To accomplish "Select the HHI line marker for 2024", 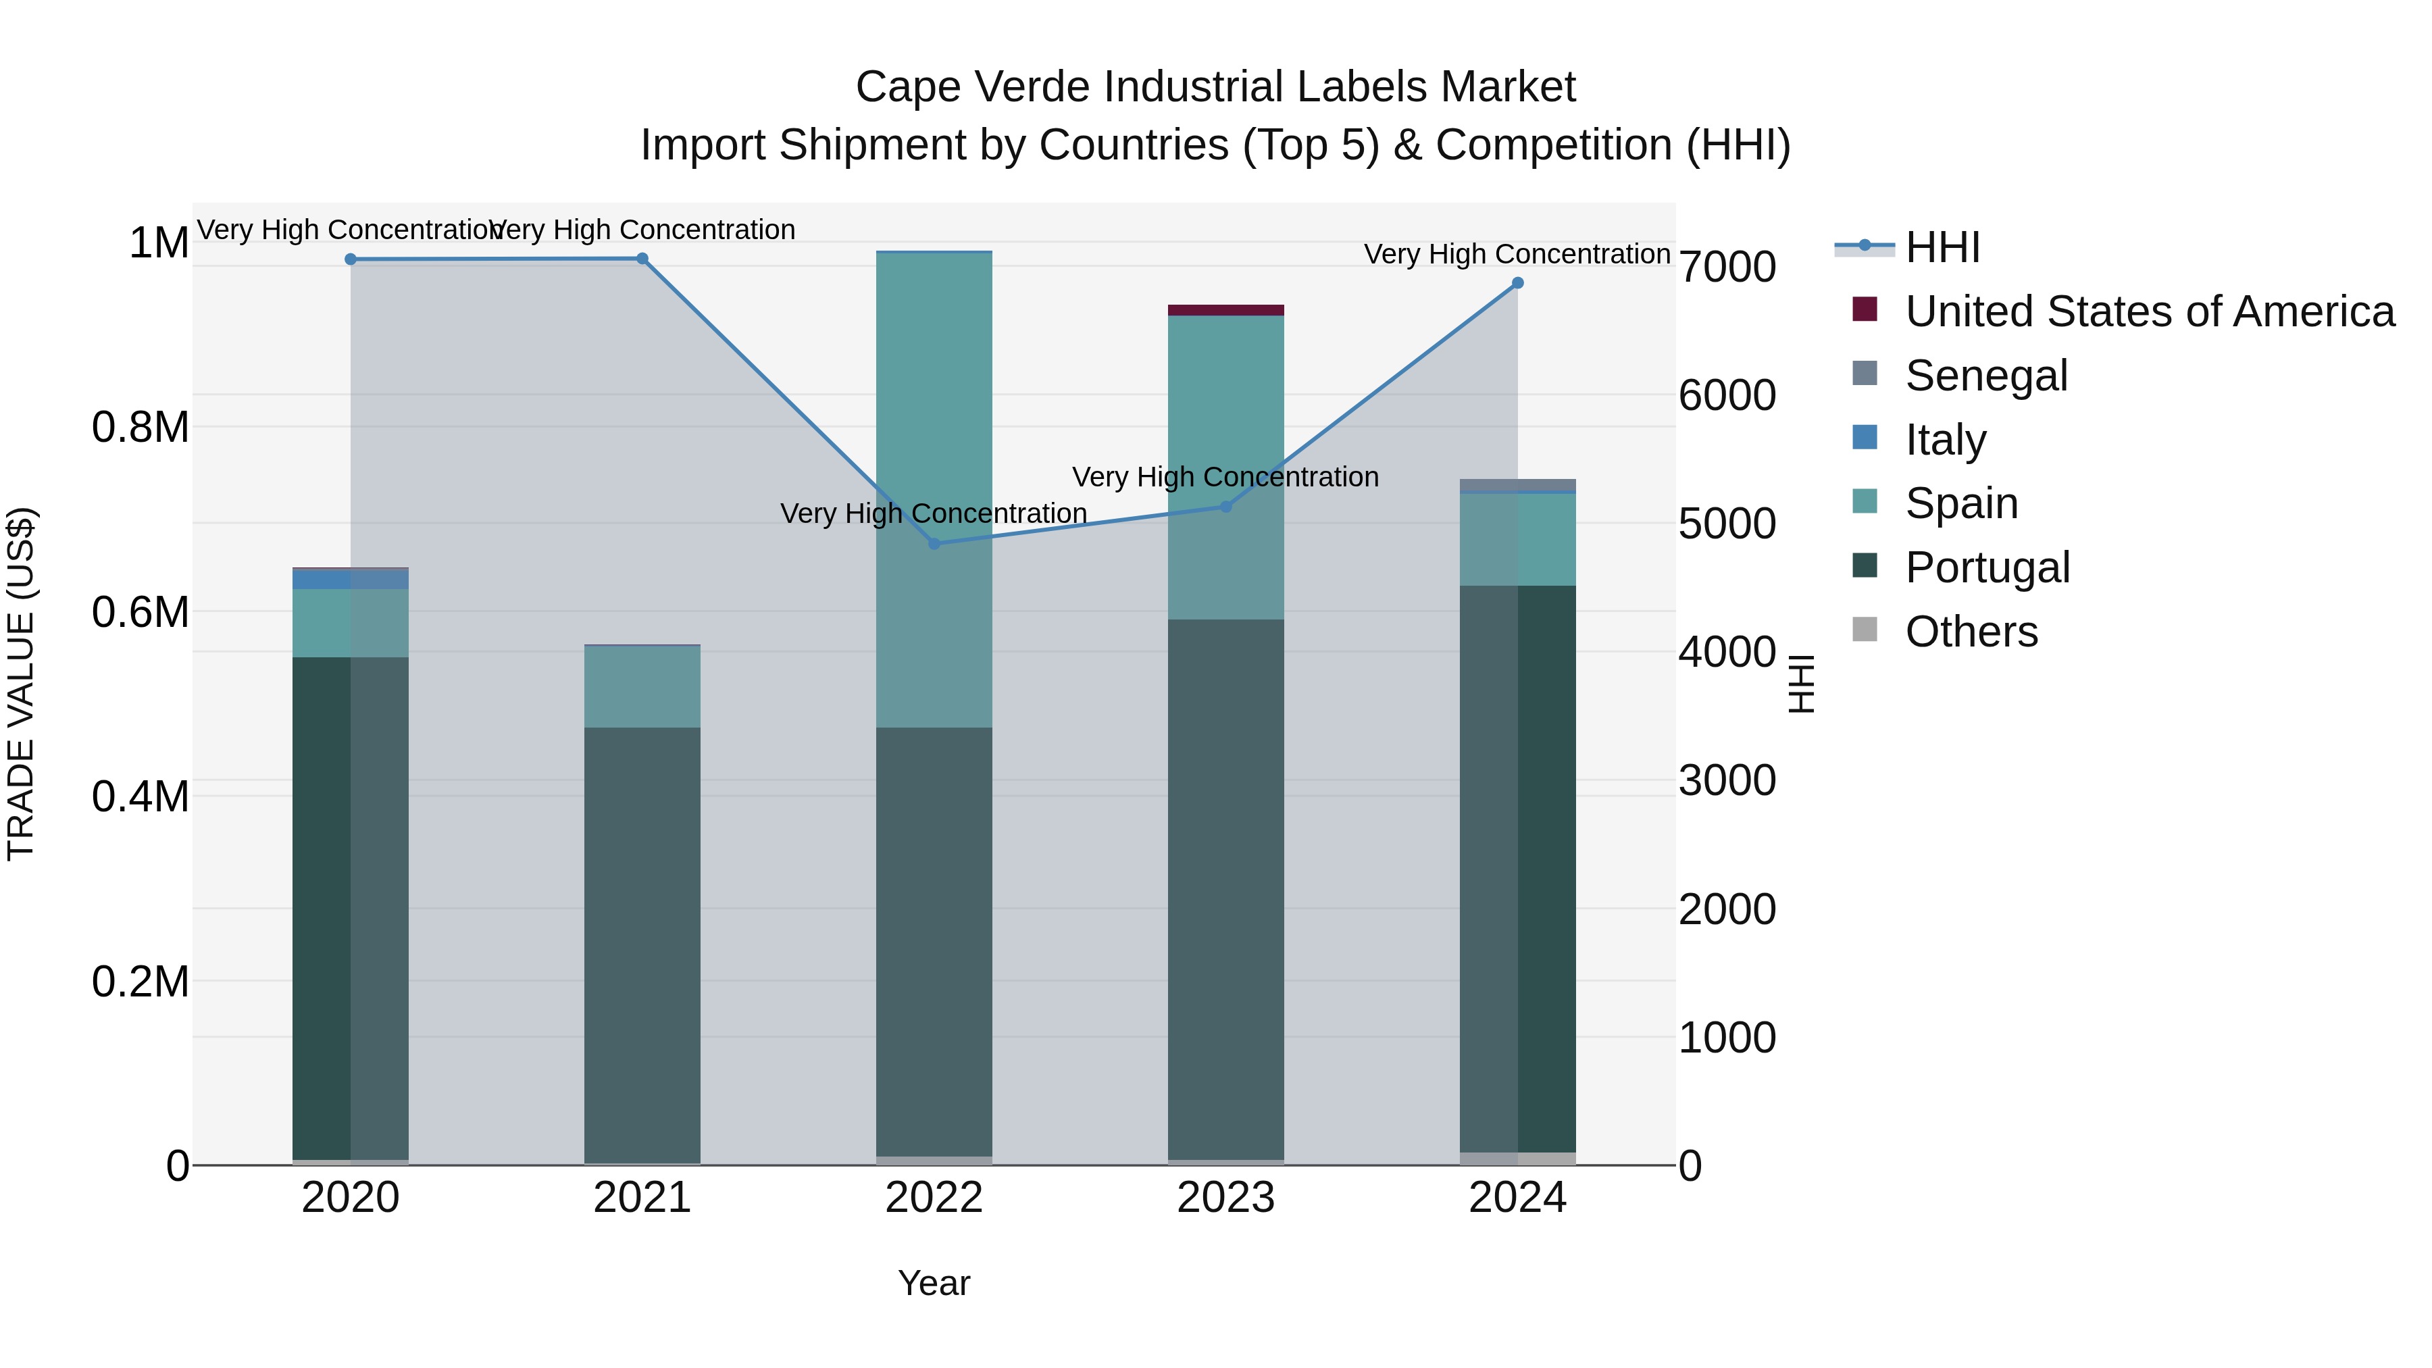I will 1517,283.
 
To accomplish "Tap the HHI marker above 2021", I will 642,259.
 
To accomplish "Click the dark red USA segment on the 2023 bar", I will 1225,311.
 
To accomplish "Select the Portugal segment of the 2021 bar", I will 642,944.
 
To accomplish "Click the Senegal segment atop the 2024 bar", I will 1517,485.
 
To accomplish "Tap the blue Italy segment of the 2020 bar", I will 350,579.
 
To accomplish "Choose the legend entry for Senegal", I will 1985,376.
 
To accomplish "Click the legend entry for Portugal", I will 1986,567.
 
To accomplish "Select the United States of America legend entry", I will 2149,311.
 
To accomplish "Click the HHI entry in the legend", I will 1942,247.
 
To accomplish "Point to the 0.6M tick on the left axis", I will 141,612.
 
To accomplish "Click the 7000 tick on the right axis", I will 1727,267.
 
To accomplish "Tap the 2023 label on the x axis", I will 1225,1198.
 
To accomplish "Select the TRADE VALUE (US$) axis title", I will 21,684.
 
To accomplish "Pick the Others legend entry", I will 1971,632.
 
